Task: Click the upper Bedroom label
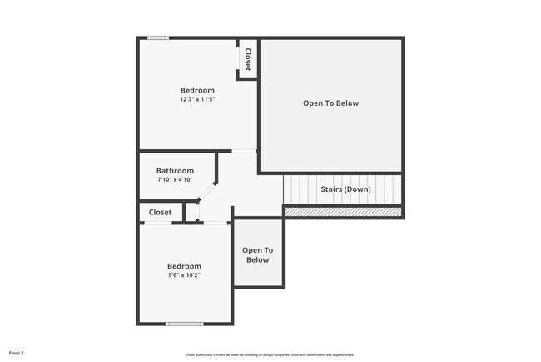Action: (x=197, y=91)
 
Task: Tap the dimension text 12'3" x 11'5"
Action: (x=197, y=99)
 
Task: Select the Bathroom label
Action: (x=175, y=171)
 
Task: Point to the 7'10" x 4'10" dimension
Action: (x=175, y=179)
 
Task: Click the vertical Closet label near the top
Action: (x=247, y=58)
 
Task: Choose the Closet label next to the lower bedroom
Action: (x=161, y=213)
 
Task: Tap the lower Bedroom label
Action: (x=184, y=266)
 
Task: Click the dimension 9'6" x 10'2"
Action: (x=184, y=274)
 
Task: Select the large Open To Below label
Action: (x=330, y=103)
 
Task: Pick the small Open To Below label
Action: (x=257, y=255)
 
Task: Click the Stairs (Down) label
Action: (x=345, y=189)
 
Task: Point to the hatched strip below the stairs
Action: (x=343, y=212)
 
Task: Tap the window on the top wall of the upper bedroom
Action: (x=158, y=38)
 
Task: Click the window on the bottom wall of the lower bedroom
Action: (x=184, y=324)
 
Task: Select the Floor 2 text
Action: (x=17, y=353)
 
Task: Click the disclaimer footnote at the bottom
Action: (x=270, y=354)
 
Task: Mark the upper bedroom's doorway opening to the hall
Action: (x=244, y=151)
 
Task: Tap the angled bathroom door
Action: (x=207, y=191)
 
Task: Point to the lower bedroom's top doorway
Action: (x=216, y=222)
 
